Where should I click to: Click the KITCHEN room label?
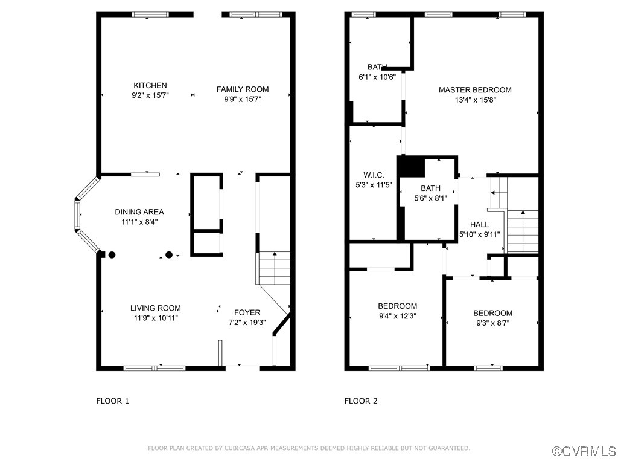(150, 85)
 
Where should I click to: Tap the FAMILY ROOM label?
(243, 89)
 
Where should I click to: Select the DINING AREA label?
(139, 212)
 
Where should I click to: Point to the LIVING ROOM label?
(156, 308)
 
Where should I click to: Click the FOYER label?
(247, 312)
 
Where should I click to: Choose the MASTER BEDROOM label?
(476, 90)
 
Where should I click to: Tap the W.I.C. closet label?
(374, 175)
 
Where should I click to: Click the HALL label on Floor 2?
(479, 225)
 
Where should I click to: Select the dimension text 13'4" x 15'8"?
(476, 100)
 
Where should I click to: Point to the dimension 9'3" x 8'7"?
(492, 323)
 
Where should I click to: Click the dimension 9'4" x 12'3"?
(397, 316)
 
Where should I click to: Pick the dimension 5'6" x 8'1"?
(430, 198)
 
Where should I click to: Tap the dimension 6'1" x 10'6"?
(377, 77)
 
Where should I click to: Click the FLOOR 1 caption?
(113, 401)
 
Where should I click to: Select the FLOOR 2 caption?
(361, 401)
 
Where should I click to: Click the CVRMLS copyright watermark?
(584, 451)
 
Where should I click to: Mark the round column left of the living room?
(112, 255)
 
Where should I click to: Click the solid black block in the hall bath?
(410, 167)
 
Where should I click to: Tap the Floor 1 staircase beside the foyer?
(274, 268)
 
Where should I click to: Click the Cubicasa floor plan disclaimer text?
(309, 448)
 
